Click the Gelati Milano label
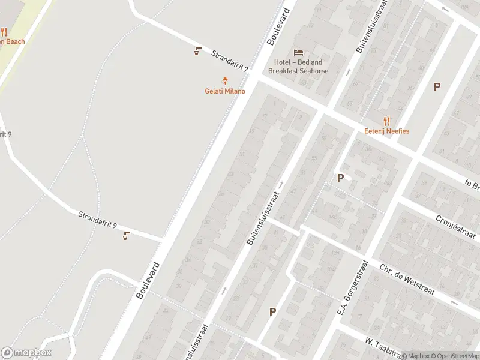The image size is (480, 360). pyautogui.click(x=226, y=91)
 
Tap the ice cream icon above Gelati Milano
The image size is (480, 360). pyautogui.click(x=226, y=80)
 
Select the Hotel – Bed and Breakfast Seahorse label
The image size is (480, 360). pyautogui.click(x=298, y=67)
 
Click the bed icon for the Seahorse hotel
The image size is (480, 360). pyautogui.click(x=298, y=52)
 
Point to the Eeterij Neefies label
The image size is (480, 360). pyautogui.click(x=386, y=131)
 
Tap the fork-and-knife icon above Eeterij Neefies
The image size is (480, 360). pyautogui.click(x=386, y=121)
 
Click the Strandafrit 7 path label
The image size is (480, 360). pyautogui.click(x=230, y=61)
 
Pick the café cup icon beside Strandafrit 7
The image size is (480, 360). pyautogui.click(x=198, y=51)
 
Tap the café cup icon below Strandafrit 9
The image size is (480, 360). pyautogui.click(x=126, y=236)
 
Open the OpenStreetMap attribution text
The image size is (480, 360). pyautogui.click(x=455, y=355)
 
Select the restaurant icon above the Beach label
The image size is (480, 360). pyautogui.click(x=4, y=32)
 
